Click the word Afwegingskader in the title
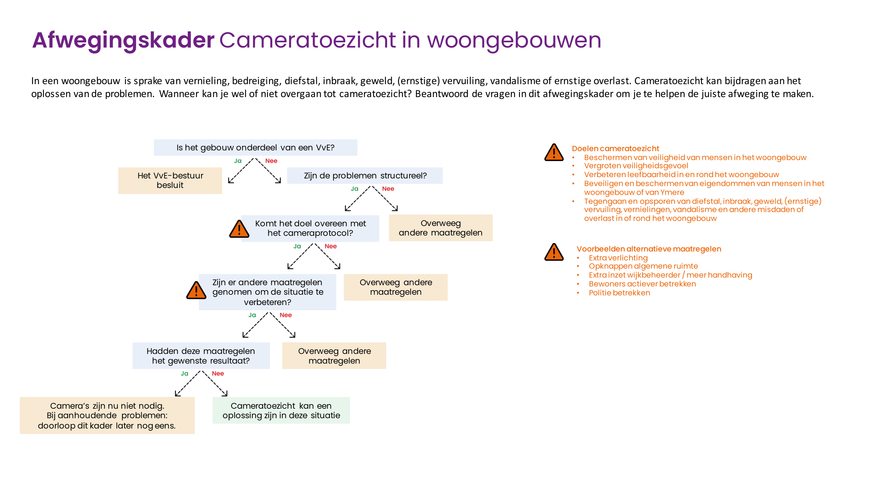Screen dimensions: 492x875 click(123, 40)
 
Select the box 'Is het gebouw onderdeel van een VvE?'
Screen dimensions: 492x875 click(256, 148)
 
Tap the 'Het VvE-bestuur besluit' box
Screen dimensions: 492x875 click(170, 180)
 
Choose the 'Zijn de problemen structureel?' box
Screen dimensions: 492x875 click(365, 175)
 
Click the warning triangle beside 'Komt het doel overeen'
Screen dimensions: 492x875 click(239, 229)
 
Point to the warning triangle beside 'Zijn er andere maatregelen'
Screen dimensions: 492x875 click(196, 290)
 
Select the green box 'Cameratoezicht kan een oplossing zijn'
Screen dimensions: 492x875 click(281, 410)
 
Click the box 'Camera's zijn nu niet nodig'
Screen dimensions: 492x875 click(107, 415)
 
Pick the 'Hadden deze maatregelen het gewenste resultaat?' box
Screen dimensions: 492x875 click(201, 356)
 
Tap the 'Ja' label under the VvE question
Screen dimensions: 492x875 click(238, 161)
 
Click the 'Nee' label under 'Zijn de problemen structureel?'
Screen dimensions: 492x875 click(388, 189)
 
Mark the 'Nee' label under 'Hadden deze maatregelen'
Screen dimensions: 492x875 click(218, 374)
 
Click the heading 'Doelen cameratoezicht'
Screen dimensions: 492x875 click(615, 148)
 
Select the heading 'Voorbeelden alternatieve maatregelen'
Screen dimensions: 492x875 click(648, 249)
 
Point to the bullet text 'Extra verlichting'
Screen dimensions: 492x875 click(618, 258)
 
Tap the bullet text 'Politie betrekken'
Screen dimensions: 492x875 click(619, 293)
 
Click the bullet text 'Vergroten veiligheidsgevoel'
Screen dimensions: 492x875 click(636, 166)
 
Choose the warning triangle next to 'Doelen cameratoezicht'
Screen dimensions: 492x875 click(554, 153)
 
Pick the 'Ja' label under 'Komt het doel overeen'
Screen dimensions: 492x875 click(297, 246)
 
